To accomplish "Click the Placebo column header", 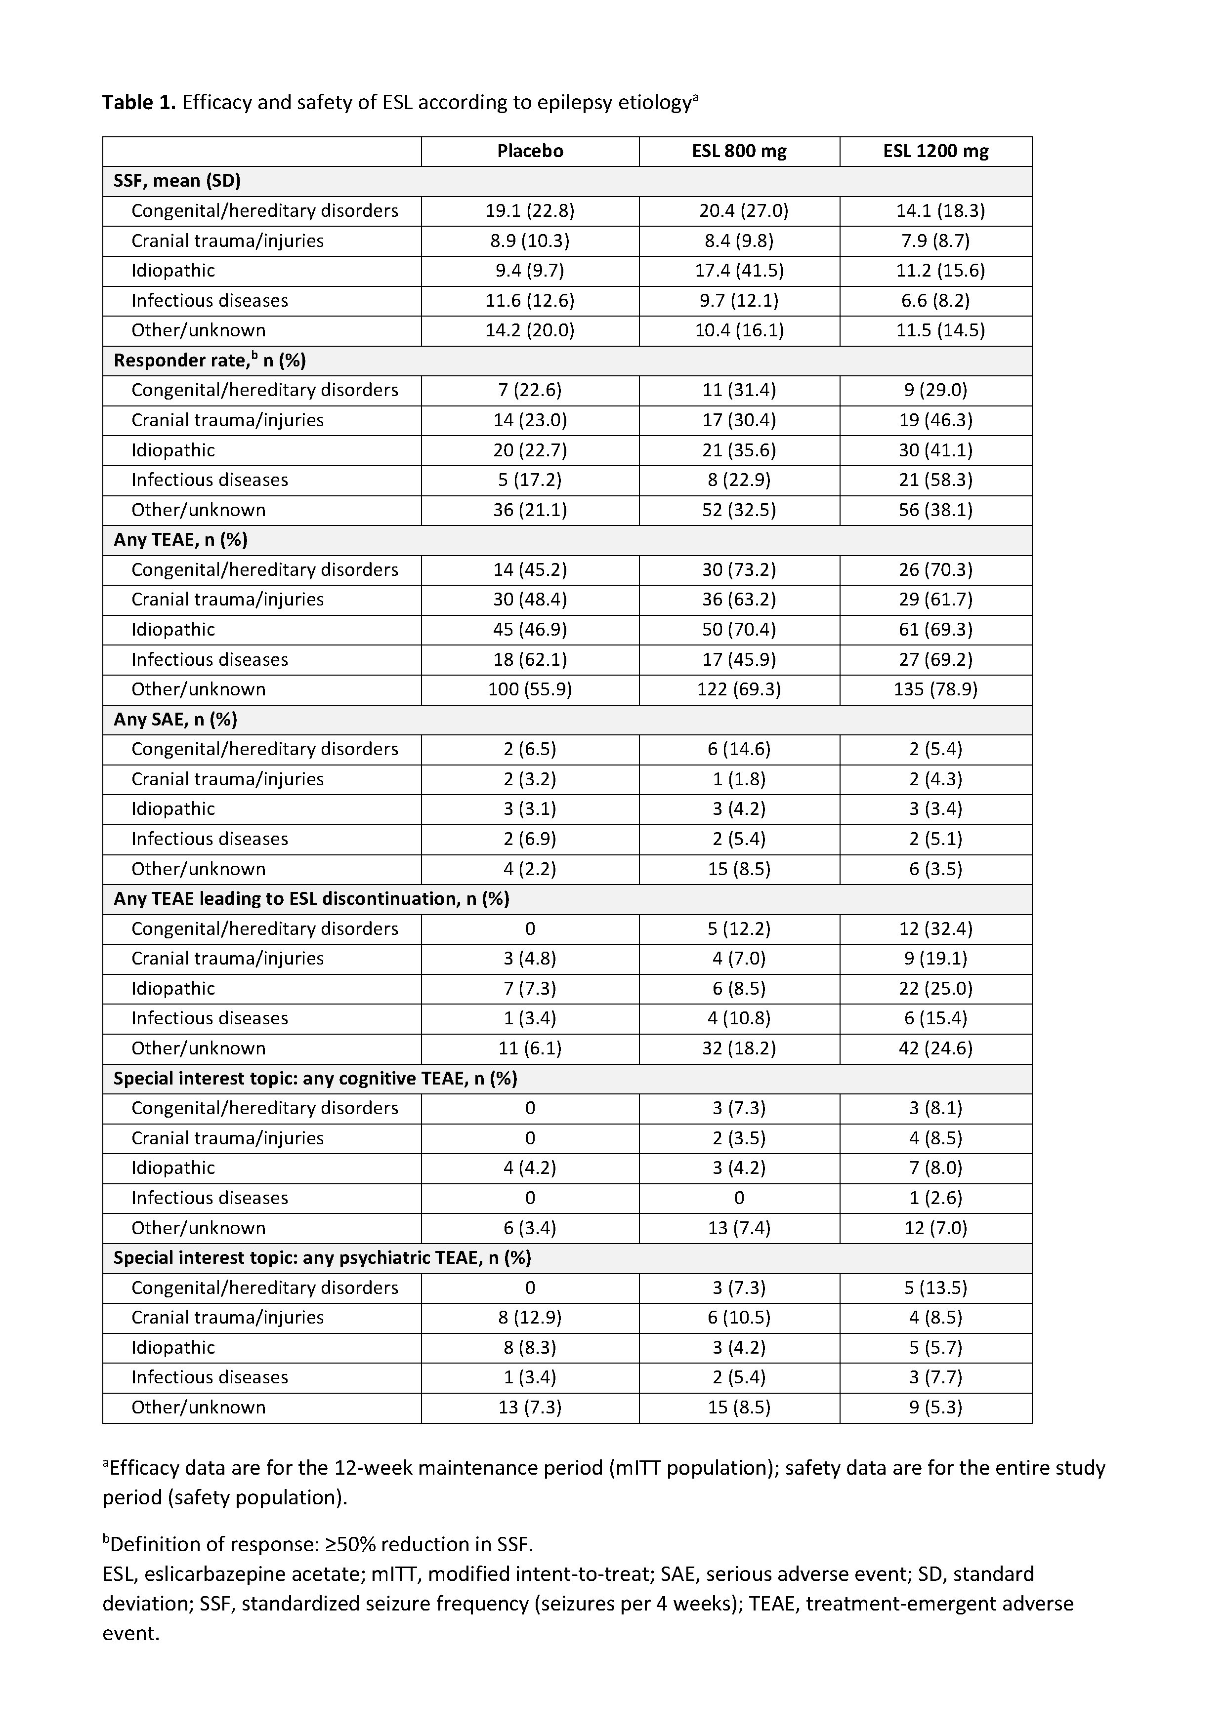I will pos(530,151).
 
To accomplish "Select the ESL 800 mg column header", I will pos(739,151).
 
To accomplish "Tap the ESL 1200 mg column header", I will pos(935,151).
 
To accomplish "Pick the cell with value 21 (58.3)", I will pos(935,480).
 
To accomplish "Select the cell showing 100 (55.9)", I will pos(530,689).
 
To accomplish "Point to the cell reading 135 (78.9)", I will pos(935,689).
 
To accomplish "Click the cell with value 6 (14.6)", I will pos(739,749).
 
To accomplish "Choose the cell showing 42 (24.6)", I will pos(935,1048).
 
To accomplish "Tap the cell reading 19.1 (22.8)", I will pos(530,210).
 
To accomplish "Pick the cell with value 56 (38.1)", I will pos(935,510).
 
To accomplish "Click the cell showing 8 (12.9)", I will pos(530,1318).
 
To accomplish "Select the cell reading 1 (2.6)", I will pos(935,1198).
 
